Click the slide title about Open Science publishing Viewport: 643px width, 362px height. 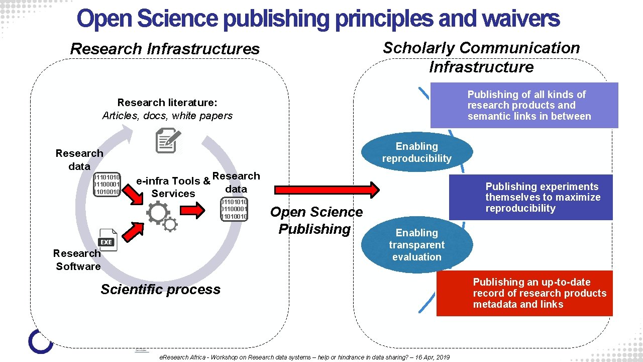coord(318,19)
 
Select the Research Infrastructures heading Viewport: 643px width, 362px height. coord(165,49)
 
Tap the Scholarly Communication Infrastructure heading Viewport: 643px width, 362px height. coord(481,57)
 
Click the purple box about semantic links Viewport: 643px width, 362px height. coord(524,106)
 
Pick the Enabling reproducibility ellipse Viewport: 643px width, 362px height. coord(416,152)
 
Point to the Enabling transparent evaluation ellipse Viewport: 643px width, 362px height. coord(416,245)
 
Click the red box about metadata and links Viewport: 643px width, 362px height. coord(524,293)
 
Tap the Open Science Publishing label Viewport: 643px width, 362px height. coord(316,220)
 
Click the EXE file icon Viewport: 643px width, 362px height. coord(106,240)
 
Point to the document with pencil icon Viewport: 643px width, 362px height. coord(167,140)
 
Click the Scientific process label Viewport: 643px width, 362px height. coord(160,290)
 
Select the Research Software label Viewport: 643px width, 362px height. coord(77,260)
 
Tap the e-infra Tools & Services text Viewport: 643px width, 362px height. coord(173,187)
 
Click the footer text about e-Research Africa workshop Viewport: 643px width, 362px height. coord(304,357)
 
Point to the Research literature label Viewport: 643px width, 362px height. coord(167,109)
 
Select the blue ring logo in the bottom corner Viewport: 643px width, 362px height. coord(41,341)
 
